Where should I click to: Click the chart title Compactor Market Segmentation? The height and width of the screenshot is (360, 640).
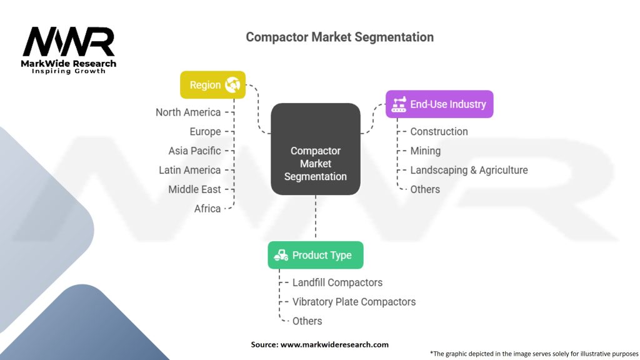[339, 37]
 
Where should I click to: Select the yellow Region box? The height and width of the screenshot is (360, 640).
[212, 85]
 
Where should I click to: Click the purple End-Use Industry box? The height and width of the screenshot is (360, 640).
[439, 104]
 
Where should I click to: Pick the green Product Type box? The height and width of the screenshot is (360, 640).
[315, 255]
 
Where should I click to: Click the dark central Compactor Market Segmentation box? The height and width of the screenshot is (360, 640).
[315, 149]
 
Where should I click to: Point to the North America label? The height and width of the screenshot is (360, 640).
[188, 112]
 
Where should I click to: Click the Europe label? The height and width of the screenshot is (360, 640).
[205, 132]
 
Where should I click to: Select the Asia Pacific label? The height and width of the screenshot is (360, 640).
[194, 151]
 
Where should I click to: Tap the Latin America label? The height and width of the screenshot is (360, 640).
[189, 170]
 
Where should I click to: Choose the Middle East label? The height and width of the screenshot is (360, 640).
[194, 189]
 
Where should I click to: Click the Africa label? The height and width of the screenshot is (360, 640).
[207, 209]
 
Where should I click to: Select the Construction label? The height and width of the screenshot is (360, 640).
[439, 132]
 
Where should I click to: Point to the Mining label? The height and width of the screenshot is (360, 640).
[425, 151]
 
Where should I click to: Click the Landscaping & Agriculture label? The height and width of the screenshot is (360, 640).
[469, 170]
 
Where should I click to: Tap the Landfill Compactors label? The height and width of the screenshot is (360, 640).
[337, 282]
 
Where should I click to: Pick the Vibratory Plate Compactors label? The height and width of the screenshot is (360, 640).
[354, 302]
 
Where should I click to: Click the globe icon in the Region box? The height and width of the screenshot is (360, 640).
[232, 84]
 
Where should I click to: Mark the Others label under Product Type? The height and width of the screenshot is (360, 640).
[307, 321]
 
